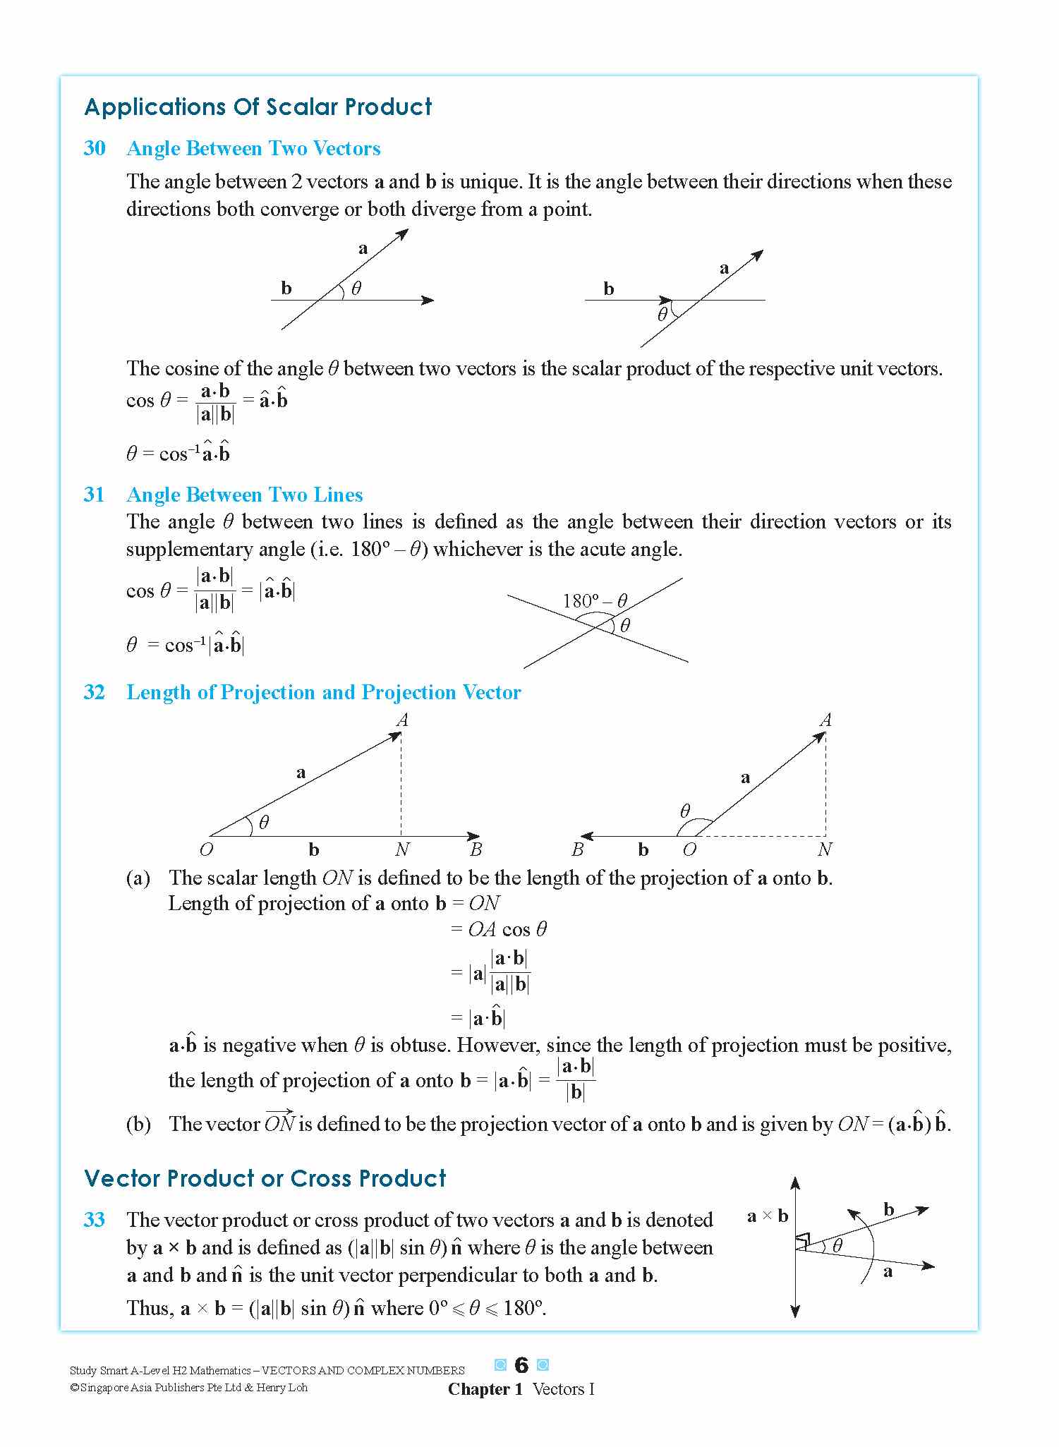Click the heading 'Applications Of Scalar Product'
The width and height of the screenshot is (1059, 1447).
(x=258, y=107)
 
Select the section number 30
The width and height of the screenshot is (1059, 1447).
(x=95, y=148)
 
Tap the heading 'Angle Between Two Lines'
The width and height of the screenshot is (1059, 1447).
(x=244, y=495)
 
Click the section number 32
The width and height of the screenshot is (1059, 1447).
(x=95, y=692)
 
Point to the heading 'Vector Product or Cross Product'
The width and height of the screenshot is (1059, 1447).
(x=265, y=1178)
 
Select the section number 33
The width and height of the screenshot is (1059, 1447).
(x=95, y=1220)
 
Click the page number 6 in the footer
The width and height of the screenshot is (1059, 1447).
(x=521, y=1365)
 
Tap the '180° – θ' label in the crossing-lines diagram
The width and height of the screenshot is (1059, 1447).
(x=594, y=601)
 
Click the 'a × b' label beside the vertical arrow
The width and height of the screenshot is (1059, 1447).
(x=767, y=1216)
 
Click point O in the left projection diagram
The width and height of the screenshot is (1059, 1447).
(x=206, y=849)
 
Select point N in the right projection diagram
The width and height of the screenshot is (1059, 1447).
(x=824, y=849)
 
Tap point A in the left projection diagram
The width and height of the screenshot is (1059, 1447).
(x=402, y=720)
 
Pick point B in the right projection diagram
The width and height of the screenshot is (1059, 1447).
(x=578, y=849)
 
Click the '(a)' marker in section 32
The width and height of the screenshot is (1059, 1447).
(x=138, y=878)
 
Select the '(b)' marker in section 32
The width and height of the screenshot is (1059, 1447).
(x=138, y=1124)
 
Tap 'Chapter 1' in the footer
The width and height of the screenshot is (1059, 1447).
(x=485, y=1389)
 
